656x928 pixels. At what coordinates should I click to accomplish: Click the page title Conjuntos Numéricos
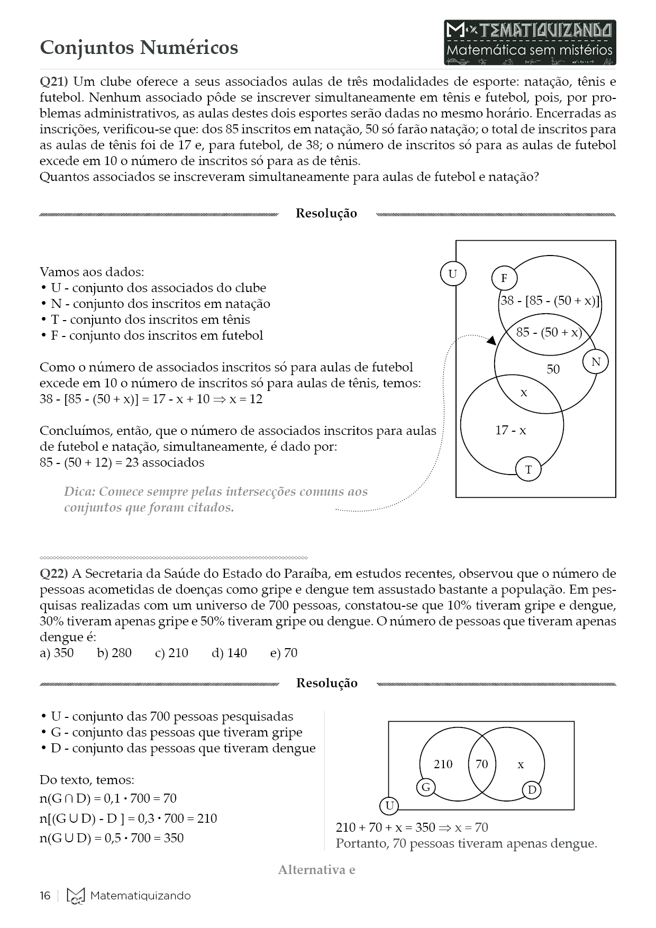139,48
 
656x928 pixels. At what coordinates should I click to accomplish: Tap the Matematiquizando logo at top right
530,42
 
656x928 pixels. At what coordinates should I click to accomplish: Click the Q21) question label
53,82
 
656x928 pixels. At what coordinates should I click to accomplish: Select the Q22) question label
53,574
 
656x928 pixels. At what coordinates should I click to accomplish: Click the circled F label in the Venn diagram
504,278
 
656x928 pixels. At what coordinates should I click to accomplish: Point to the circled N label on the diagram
596,362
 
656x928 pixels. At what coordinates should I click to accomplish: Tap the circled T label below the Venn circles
528,469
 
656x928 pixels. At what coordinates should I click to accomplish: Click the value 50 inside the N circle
553,369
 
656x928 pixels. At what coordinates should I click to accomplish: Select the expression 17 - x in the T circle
511,431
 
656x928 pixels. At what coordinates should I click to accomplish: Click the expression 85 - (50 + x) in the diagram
549,332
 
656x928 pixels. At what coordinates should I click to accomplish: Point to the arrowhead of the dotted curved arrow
491,340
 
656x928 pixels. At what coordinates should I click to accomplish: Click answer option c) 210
171,653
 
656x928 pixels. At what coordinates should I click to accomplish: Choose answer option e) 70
284,653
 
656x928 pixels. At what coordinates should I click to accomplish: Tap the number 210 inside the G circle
443,764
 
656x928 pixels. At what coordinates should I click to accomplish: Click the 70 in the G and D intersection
481,764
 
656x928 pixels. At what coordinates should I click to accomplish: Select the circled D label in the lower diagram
532,790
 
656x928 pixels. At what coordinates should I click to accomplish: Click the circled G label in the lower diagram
426,787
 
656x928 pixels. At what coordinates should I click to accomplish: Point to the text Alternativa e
316,870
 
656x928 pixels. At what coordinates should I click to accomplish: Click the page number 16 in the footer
45,896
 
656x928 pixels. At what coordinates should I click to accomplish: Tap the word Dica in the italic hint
79,492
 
